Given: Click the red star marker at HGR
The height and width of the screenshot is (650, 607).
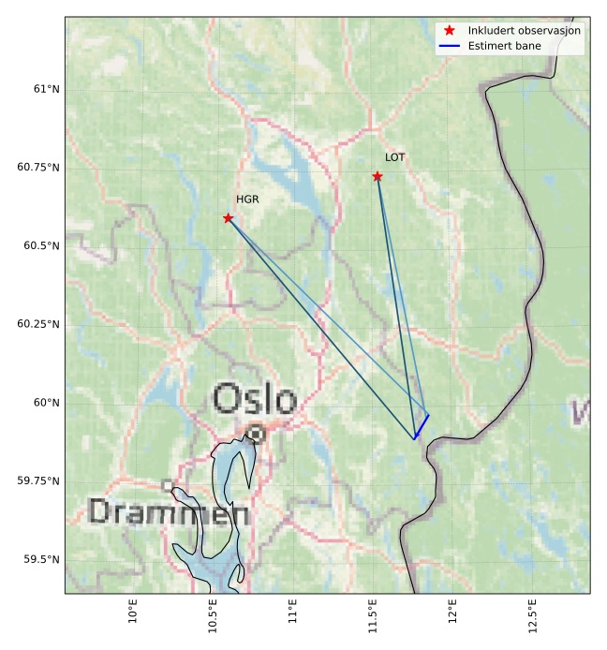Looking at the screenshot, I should click(228, 218).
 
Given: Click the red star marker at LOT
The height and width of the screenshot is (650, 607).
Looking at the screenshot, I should click(377, 176).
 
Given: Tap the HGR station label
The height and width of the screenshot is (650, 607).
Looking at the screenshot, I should click(247, 199).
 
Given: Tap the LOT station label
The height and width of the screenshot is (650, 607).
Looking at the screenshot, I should click(395, 157).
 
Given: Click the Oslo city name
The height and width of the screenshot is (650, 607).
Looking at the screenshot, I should click(255, 399).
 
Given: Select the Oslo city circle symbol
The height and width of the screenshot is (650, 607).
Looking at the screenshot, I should click(256, 434).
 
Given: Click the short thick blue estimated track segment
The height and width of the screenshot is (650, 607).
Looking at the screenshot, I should click(422, 426).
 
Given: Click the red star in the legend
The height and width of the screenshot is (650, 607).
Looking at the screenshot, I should click(450, 31).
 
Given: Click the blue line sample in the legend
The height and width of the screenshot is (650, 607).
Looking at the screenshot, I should click(450, 45).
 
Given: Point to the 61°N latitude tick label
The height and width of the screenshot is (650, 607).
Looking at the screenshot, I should click(46, 89).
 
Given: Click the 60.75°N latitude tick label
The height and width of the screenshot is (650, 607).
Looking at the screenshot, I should click(38, 168).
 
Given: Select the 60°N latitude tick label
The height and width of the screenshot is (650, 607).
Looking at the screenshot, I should click(46, 403).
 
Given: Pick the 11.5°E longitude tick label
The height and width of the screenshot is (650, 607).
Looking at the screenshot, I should click(373, 615).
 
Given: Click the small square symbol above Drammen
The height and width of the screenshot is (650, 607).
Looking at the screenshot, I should click(168, 485).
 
